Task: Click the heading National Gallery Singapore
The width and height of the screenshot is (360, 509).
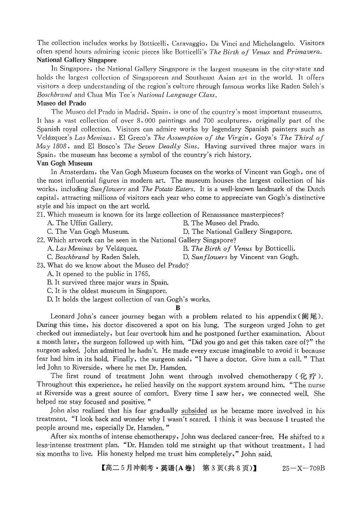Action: tap(76, 60)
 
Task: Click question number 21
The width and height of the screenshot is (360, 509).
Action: tap(41, 215)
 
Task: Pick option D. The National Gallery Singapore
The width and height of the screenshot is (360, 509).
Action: tap(237, 232)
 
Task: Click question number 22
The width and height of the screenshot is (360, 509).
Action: tap(41, 240)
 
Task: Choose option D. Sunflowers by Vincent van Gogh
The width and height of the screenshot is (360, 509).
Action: tap(240, 257)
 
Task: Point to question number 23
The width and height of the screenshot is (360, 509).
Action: tap(41, 265)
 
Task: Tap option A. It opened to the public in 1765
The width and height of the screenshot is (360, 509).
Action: tap(98, 274)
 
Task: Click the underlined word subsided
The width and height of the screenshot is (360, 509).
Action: tap(194, 411)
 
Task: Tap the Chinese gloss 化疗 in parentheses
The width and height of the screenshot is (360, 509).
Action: tap(308, 377)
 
